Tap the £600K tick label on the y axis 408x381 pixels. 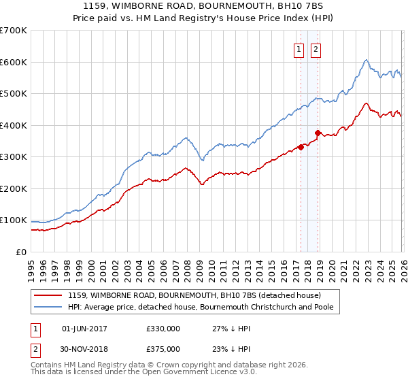click(13, 62)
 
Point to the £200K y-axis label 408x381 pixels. click(13, 188)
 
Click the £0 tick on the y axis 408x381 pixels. click(20, 252)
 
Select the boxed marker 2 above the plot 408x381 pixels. click(317, 48)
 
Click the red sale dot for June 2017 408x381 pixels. click(300, 147)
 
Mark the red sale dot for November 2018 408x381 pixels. click(318, 133)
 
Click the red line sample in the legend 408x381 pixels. click(48, 295)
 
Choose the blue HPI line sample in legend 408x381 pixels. click(48, 307)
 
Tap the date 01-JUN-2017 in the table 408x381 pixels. click(84, 329)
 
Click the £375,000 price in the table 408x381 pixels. click(163, 349)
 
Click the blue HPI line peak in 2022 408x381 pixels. click(366, 60)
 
